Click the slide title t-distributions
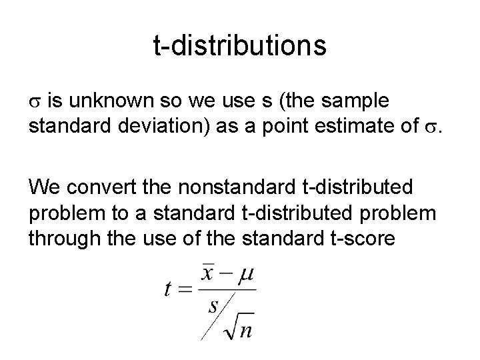[x=240, y=46]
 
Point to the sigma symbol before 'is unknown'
[x=35, y=102]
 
